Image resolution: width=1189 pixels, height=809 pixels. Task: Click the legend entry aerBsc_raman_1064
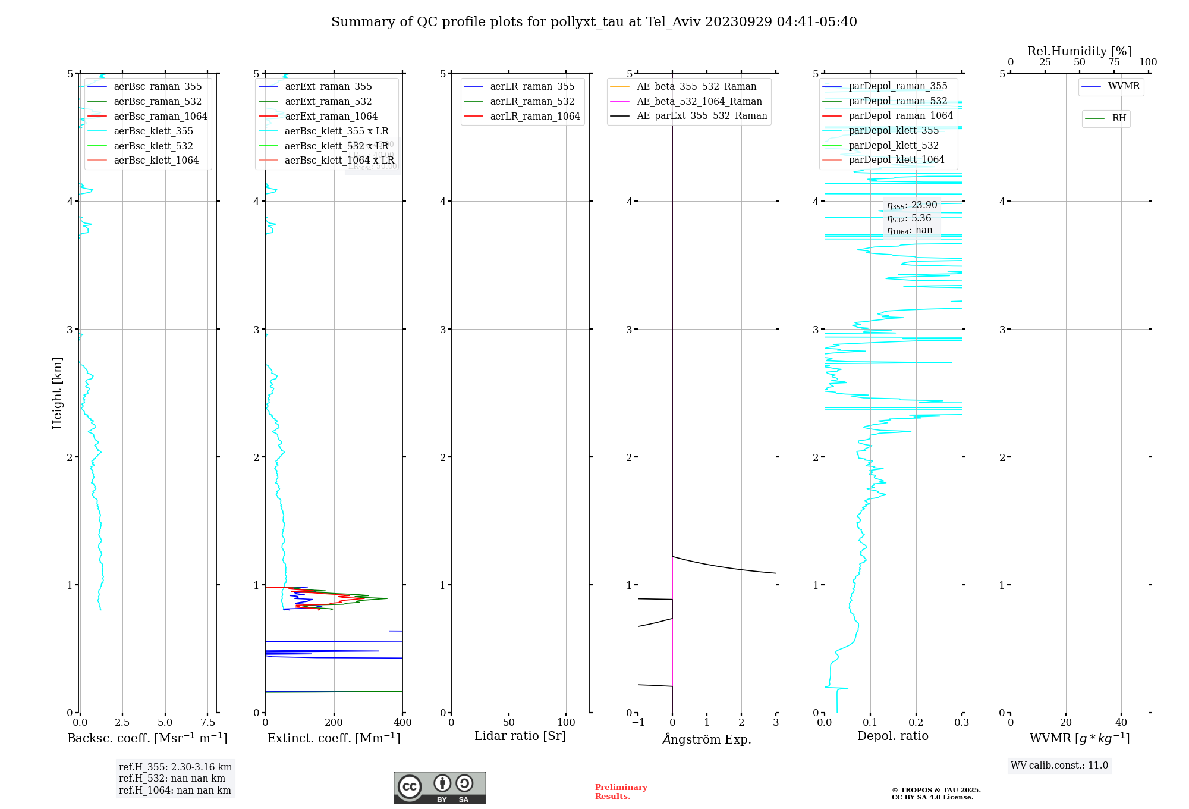pyautogui.click(x=161, y=116)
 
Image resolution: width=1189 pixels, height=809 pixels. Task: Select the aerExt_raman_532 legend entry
pyautogui.click(x=328, y=101)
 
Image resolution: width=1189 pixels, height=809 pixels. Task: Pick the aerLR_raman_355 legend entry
pyautogui.click(x=532, y=86)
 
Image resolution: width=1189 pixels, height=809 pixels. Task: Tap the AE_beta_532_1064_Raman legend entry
pyautogui.click(x=699, y=101)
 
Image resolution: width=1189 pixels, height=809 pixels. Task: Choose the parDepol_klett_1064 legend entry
pyautogui.click(x=896, y=159)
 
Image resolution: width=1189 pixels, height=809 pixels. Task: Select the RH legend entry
pyautogui.click(x=1119, y=118)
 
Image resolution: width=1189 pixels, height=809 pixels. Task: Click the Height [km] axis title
pyautogui.click(x=57, y=393)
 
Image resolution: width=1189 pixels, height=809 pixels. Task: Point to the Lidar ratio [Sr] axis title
pyautogui.click(x=520, y=736)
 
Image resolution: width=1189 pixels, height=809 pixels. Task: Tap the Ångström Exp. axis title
pyautogui.click(x=707, y=739)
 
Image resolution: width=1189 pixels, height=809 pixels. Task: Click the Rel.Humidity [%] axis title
pyautogui.click(x=1079, y=51)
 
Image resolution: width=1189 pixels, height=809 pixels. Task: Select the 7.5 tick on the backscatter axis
pyautogui.click(x=208, y=722)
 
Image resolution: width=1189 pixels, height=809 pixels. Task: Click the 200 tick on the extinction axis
pyautogui.click(x=334, y=722)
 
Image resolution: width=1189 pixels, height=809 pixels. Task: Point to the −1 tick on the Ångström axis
pyautogui.click(x=638, y=722)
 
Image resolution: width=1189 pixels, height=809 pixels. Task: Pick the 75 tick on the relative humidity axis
pyautogui.click(x=1114, y=62)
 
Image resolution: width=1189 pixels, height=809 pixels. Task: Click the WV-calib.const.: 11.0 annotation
pyautogui.click(x=1059, y=765)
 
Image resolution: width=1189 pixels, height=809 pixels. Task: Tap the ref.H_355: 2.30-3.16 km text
pyautogui.click(x=175, y=767)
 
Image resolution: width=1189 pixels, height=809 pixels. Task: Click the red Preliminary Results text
pyautogui.click(x=621, y=791)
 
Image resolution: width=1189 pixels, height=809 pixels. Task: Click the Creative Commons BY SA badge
pyautogui.click(x=439, y=788)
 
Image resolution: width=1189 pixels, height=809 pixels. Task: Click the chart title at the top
pyautogui.click(x=594, y=22)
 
